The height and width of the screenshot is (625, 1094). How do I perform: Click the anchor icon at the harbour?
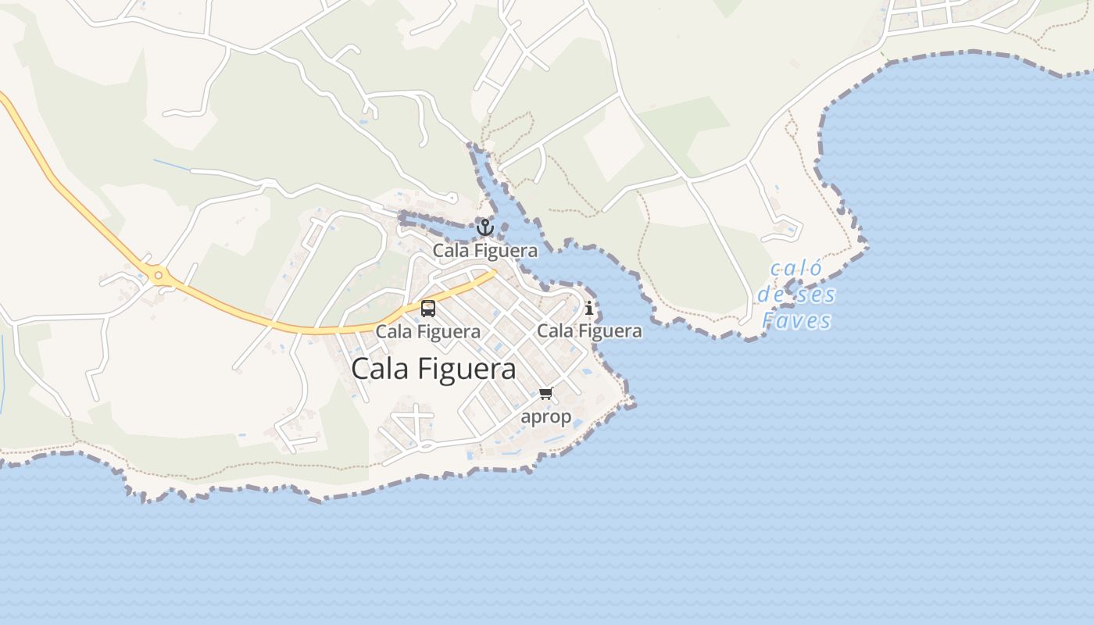(x=485, y=227)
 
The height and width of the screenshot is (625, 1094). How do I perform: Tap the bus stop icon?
(x=428, y=309)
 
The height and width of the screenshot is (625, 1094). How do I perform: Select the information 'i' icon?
(x=589, y=309)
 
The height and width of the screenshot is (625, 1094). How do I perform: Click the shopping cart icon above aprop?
(x=545, y=393)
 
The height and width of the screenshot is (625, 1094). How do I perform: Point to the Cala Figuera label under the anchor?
(x=485, y=251)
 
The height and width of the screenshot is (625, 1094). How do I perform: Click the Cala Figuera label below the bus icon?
(x=428, y=331)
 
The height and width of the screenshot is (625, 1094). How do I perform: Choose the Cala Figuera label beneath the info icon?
(x=589, y=330)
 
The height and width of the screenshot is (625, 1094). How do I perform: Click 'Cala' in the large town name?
(x=380, y=368)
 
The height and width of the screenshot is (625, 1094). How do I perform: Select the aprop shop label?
(x=545, y=416)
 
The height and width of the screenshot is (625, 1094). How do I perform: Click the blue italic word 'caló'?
(x=796, y=270)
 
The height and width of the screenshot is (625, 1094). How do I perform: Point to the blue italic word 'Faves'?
(x=796, y=321)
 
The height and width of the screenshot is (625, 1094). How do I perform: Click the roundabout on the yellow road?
(x=159, y=275)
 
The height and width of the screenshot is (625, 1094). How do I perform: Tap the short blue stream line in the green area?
(x=172, y=165)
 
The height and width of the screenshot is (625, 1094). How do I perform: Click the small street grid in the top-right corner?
(x=938, y=14)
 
